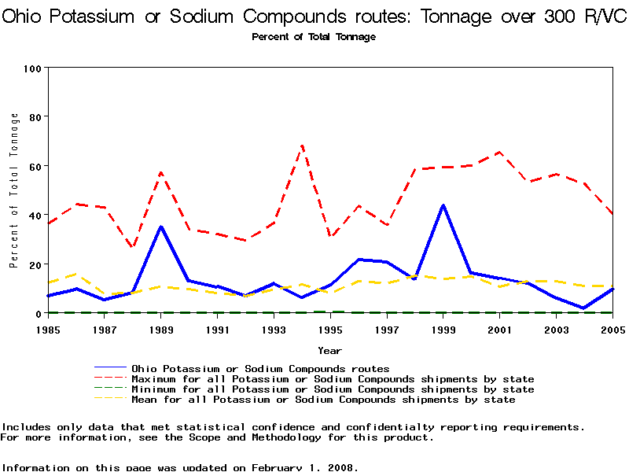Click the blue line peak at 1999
(x=443, y=205)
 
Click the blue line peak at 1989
(x=161, y=227)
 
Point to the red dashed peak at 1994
(x=302, y=146)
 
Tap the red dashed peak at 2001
(x=499, y=152)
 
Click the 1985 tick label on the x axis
(x=48, y=330)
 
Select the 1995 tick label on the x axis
(x=330, y=330)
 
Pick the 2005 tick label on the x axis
(x=612, y=330)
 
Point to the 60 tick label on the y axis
(x=34, y=166)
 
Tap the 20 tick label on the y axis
(x=34, y=264)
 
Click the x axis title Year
(x=329, y=350)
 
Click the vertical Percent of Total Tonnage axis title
(x=14, y=190)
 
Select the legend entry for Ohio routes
(x=260, y=368)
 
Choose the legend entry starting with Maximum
(x=333, y=379)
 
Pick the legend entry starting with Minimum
(x=333, y=389)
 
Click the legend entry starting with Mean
(x=323, y=400)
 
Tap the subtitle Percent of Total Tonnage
(x=314, y=37)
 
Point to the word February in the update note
(x=280, y=467)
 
